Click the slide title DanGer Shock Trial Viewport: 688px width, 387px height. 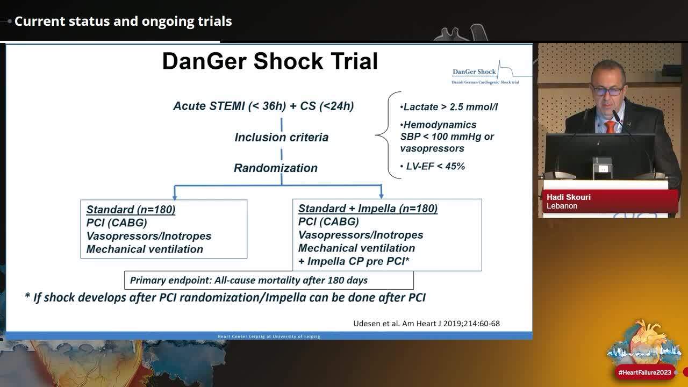point(270,61)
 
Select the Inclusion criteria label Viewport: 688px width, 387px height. point(281,137)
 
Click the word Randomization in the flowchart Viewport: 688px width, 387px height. point(275,168)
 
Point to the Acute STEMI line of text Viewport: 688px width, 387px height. point(263,106)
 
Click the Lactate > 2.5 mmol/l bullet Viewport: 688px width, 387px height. point(449,107)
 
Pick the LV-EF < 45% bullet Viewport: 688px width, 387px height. point(433,166)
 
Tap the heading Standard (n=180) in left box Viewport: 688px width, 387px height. point(131,210)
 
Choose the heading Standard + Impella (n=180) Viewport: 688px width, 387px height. point(368,209)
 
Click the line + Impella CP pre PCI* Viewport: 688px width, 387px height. point(354,261)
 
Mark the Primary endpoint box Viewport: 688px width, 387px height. point(269,280)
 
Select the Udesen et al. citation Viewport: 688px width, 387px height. point(426,323)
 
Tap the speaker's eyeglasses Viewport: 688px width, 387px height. point(607,91)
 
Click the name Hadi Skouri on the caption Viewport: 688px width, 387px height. point(568,197)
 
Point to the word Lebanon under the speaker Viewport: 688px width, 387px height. point(562,206)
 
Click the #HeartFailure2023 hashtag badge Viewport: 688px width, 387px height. point(645,372)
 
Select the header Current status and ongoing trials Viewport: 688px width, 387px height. point(123,21)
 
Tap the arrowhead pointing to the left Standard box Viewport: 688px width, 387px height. point(174,196)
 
